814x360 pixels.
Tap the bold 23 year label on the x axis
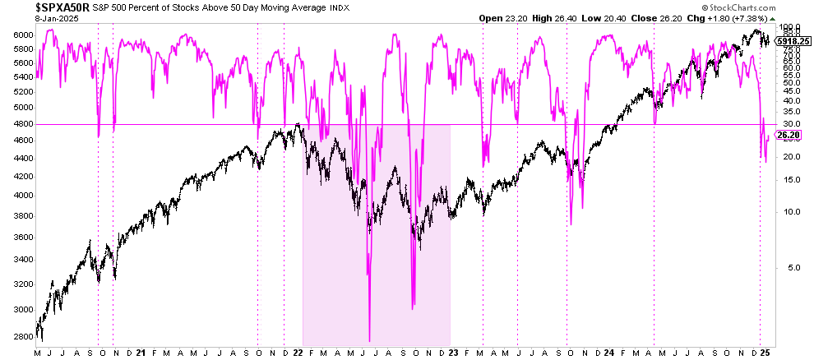453,353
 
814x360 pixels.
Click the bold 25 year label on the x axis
765,353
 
